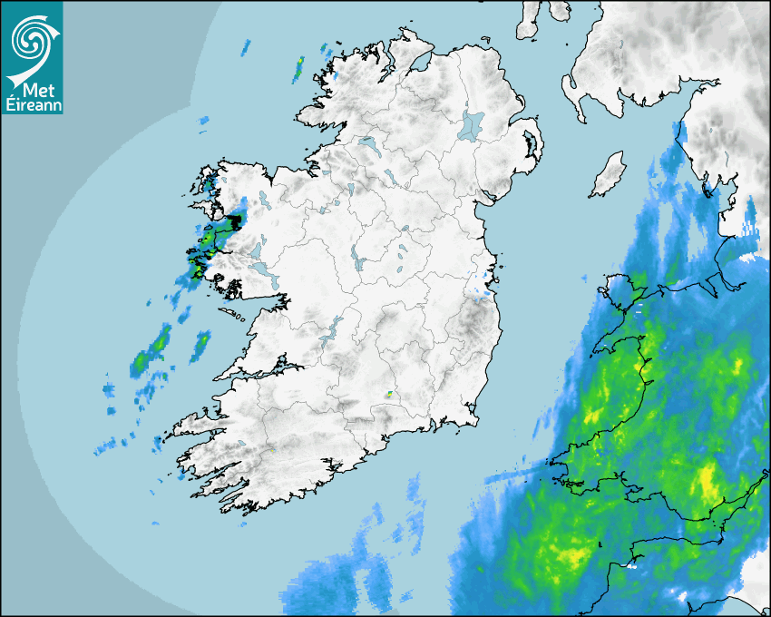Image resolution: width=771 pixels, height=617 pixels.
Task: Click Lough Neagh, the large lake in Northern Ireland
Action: (x=472, y=125)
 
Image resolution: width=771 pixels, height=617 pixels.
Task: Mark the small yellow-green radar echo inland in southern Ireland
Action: (x=388, y=395)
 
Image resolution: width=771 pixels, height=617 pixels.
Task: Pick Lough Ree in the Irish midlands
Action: (x=359, y=263)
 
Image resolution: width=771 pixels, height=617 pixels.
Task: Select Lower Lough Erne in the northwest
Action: (x=367, y=143)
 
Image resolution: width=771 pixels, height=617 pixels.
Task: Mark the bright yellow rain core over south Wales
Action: (x=708, y=481)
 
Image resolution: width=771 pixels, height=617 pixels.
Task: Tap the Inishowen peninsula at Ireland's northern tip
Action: (x=399, y=45)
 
